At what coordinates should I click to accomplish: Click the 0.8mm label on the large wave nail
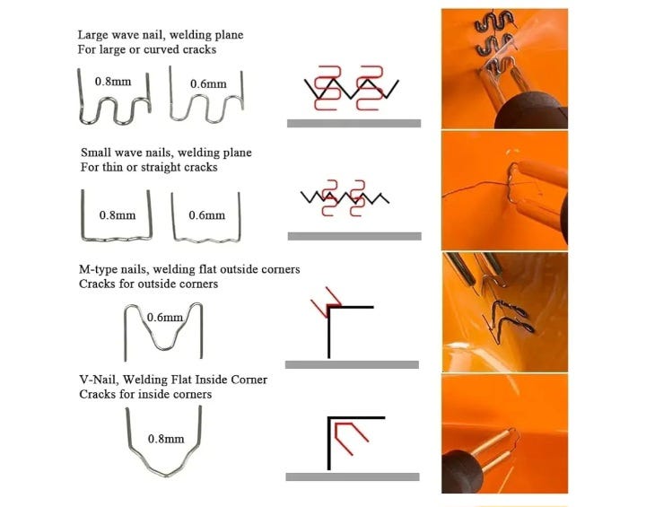click(x=113, y=81)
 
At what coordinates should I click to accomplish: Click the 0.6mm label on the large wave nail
click(x=208, y=84)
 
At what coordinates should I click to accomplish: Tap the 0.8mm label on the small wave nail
click(x=118, y=215)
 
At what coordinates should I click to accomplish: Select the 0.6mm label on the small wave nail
click(x=207, y=215)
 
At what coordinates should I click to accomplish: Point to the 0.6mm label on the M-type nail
click(x=165, y=317)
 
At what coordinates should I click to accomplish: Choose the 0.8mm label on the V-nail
click(x=166, y=439)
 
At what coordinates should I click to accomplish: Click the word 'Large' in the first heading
click(x=92, y=36)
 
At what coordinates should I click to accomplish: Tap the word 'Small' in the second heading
click(x=95, y=153)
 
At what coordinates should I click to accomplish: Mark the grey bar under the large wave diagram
click(x=354, y=123)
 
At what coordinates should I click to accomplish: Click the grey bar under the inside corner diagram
click(x=353, y=476)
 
